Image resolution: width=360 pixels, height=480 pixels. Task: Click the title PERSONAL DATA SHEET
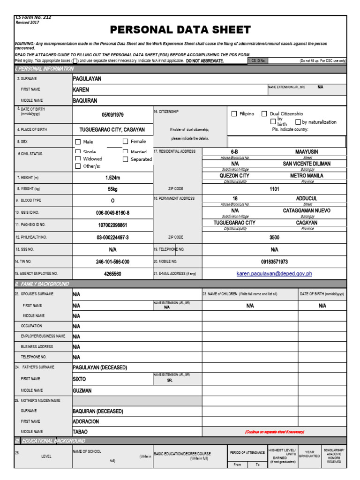click(180, 30)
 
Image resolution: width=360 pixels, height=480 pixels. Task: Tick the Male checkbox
click(78, 142)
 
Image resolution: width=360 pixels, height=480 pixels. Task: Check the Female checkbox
click(125, 141)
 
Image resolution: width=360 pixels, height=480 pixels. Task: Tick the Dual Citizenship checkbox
click(264, 114)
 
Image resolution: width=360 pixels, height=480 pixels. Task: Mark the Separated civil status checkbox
click(125, 159)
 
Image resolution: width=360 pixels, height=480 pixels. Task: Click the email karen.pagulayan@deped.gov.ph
click(274, 274)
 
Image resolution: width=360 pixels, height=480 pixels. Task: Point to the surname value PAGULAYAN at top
click(87, 79)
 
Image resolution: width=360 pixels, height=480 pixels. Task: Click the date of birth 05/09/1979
click(112, 115)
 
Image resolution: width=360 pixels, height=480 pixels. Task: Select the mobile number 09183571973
click(274, 262)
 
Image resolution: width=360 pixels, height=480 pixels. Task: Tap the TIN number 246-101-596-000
click(112, 262)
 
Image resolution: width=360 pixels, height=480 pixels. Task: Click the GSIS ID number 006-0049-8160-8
click(112, 213)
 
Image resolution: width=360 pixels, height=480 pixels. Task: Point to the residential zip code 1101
click(274, 188)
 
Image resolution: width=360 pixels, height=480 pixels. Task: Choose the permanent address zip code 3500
click(274, 238)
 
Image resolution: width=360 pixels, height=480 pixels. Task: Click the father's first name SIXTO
click(80, 379)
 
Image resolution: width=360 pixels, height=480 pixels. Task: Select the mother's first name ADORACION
click(86, 421)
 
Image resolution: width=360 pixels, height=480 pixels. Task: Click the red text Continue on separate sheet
click(274, 432)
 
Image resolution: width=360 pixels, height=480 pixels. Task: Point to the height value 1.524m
click(112, 178)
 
